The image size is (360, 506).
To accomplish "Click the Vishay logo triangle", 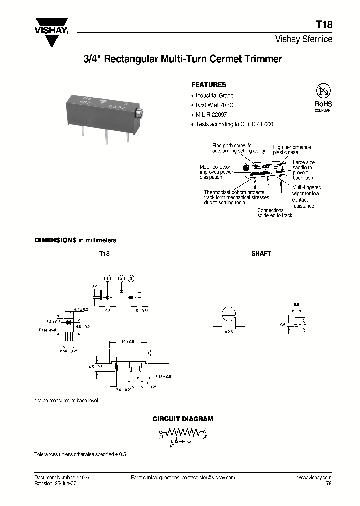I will (x=51, y=39).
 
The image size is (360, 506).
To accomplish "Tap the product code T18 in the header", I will (x=325, y=24).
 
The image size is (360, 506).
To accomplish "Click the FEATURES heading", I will (x=209, y=85).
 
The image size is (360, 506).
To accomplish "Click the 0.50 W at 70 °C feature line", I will (x=214, y=105).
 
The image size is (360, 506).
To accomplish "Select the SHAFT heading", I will (x=261, y=254).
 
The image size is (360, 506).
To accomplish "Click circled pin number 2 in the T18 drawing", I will (x=121, y=278).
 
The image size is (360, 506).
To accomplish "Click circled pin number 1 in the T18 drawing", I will (x=107, y=278).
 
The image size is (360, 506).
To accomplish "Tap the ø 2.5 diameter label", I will (x=230, y=332).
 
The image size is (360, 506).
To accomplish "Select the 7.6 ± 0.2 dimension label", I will (x=123, y=390).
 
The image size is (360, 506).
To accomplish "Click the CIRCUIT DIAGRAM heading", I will (x=183, y=419).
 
